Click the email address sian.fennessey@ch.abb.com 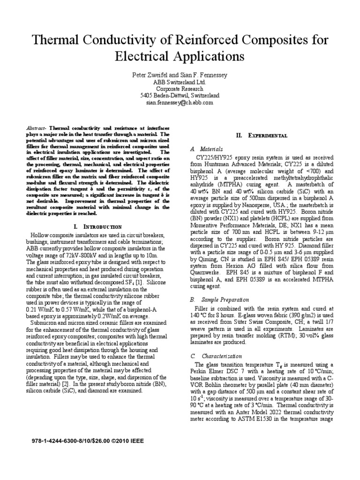click(180, 102)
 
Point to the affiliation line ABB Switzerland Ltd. click(180, 82)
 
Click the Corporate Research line click(180, 89)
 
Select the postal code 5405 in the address click(147, 95)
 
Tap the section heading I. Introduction click(98, 226)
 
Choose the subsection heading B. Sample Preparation click(219, 300)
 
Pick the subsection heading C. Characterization click(216, 356)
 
